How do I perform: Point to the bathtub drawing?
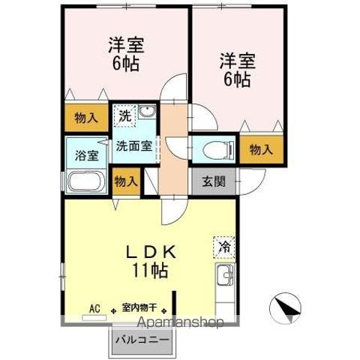coord(84,182)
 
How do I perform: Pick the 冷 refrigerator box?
coord(223,245)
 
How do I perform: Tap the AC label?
coord(94,307)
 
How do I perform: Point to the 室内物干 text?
coord(139,307)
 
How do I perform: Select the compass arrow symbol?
coord(286,308)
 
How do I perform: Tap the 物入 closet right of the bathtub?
coord(125,181)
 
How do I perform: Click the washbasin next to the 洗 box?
coord(146,115)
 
